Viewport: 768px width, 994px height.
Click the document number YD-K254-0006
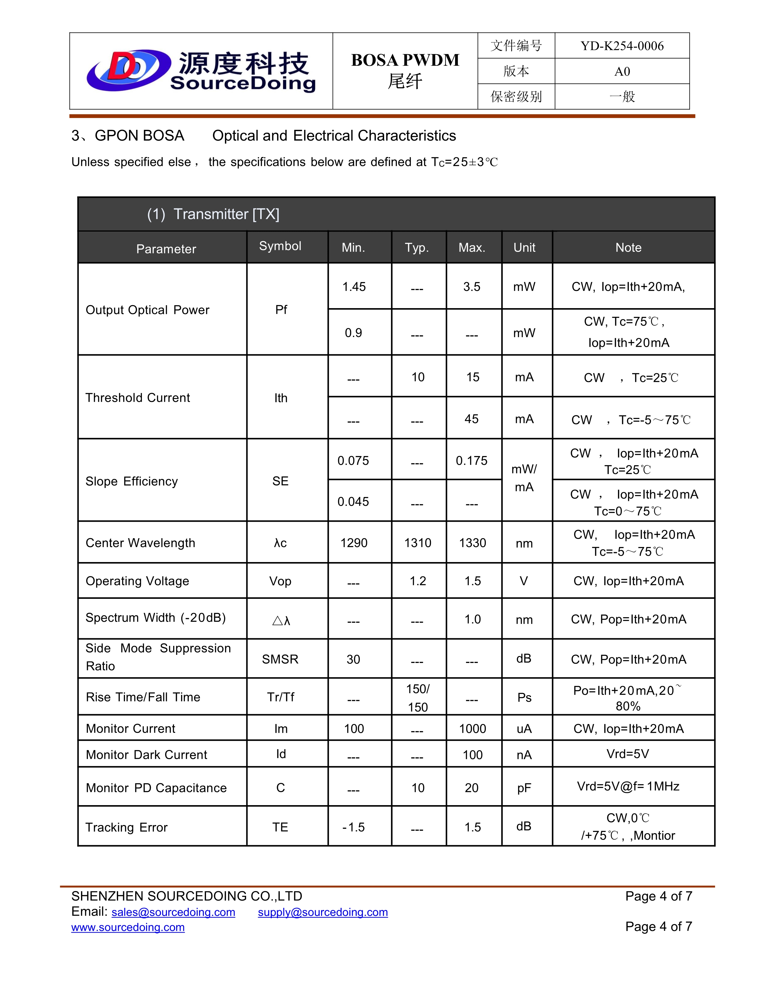tap(622, 46)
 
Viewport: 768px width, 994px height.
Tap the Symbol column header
tap(280, 246)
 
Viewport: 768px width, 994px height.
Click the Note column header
tap(628, 248)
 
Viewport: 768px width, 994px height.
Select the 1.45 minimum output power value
tap(354, 287)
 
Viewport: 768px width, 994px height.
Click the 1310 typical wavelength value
tap(418, 543)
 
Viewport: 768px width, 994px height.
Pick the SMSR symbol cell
tap(280, 659)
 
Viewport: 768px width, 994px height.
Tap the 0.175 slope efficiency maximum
tap(472, 461)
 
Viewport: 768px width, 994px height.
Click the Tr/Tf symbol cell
tap(281, 697)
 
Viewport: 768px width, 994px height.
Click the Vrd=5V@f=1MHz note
tap(628, 786)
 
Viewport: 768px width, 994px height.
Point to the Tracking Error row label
tap(126, 827)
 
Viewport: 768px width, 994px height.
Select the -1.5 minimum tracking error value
tap(354, 827)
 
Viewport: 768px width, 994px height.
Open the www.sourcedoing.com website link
tap(128, 927)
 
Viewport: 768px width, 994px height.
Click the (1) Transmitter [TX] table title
tap(213, 214)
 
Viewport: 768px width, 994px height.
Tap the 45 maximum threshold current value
tap(472, 419)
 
